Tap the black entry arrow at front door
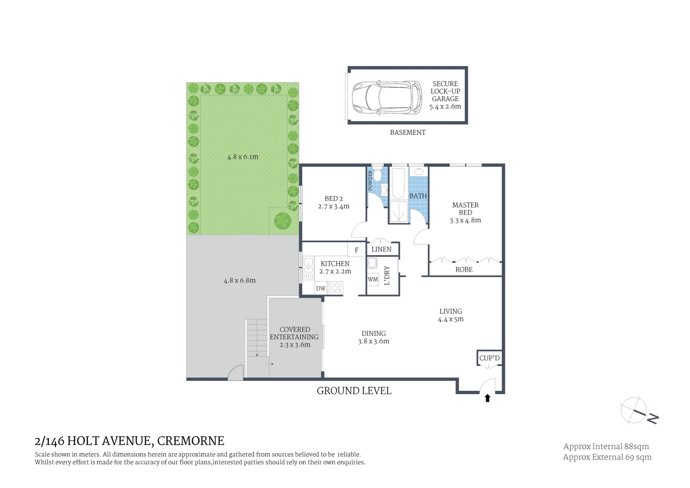[x=488, y=398]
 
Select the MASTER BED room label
[x=465, y=209]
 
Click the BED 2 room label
[x=333, y=199]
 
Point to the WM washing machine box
[x=373, y=279]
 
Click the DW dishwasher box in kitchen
[x=321, y=288]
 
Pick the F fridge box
[x=357, y=250]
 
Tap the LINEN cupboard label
[x=381, y=249]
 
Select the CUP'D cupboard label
[x=489, y=358]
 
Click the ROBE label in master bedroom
[x=464, y=269]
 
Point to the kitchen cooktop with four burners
[x=335, y=288]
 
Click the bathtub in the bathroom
[x=398, y=183]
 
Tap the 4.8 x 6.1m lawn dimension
[x=243, y=157]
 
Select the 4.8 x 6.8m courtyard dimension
[x=239, y=280]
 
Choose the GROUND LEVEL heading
[x=354, y=391]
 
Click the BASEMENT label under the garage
[x=408, y=132]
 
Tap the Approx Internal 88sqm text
[x=606, y=446]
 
